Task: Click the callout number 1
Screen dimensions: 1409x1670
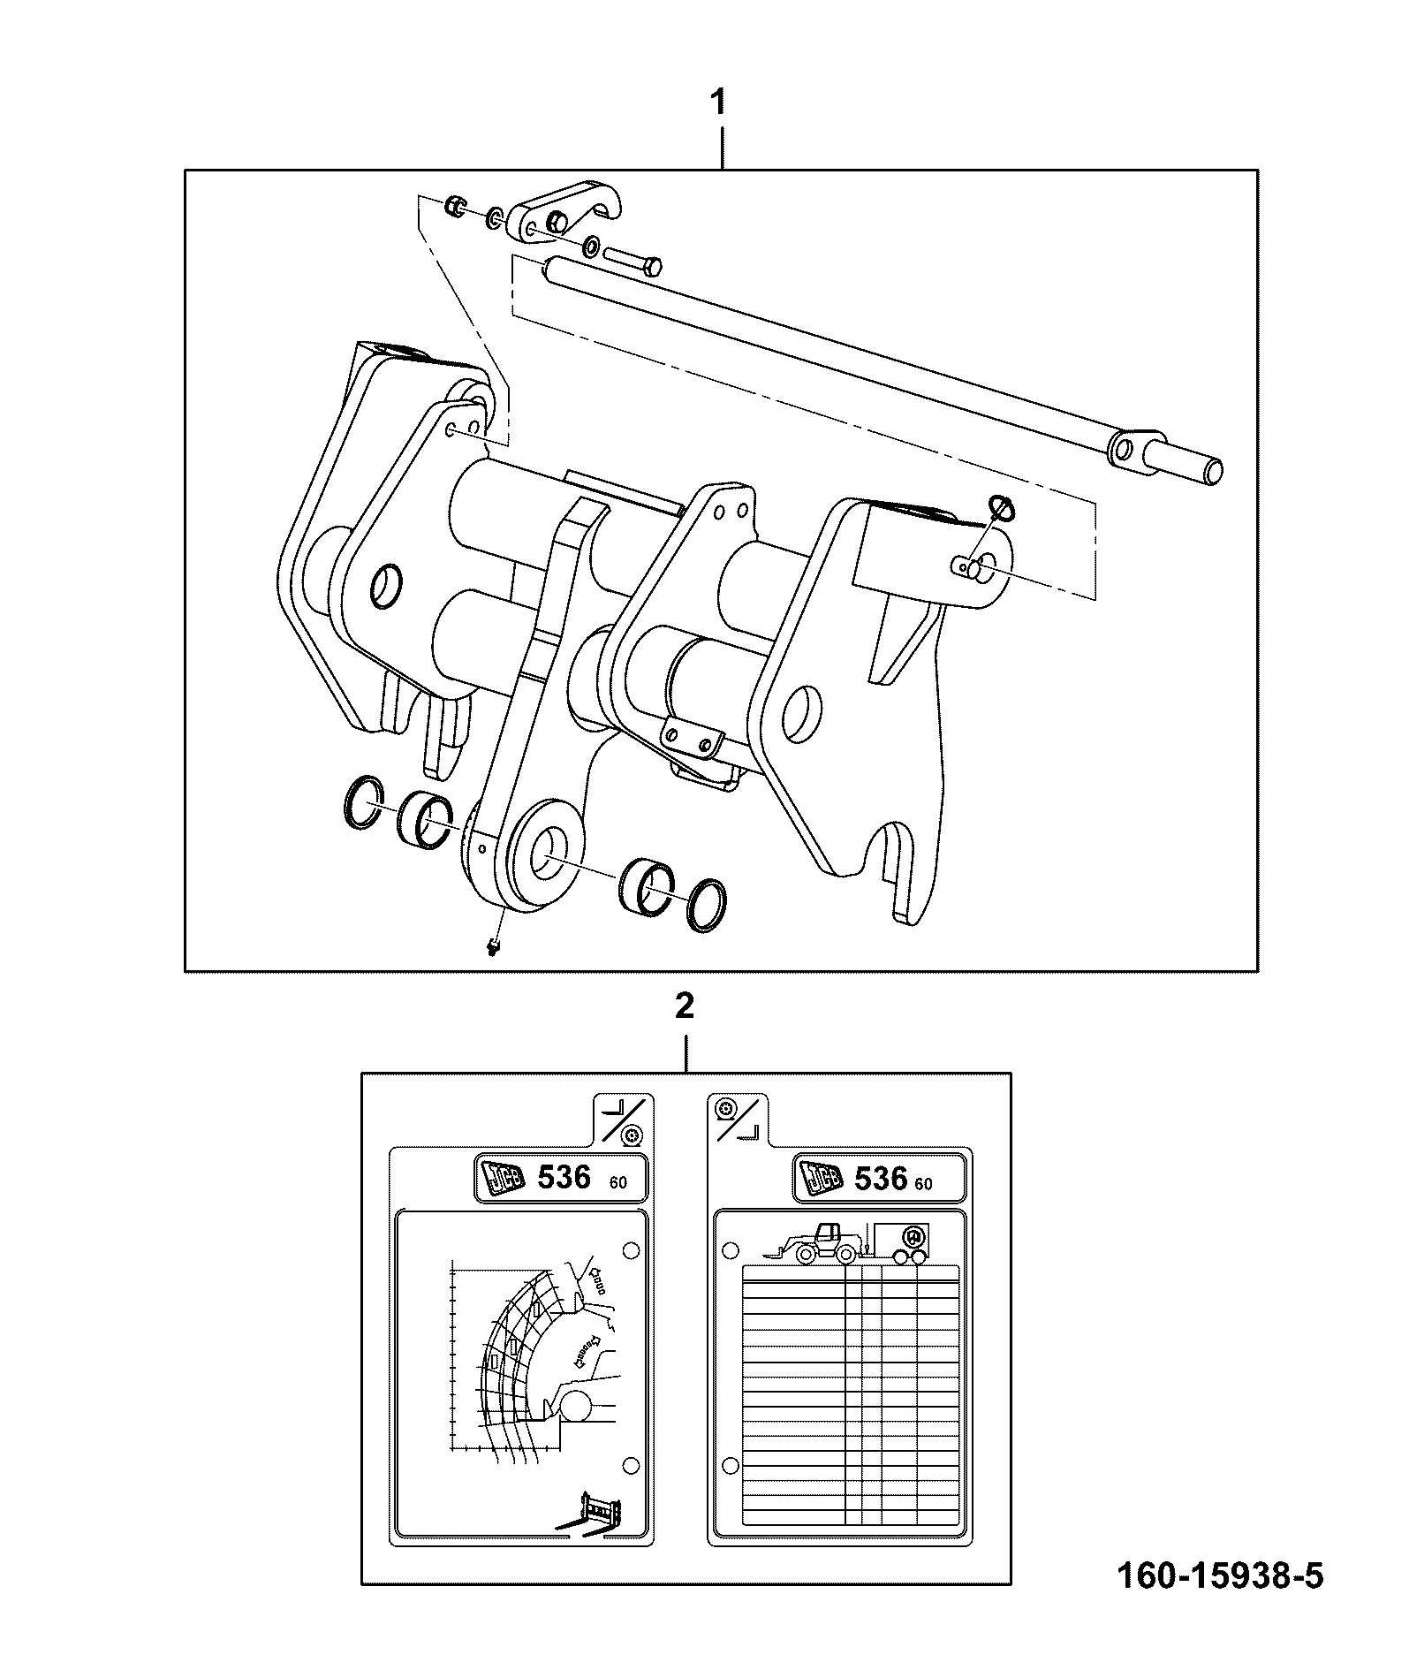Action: [720, 102]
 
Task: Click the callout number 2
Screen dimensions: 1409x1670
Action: [684, 1006]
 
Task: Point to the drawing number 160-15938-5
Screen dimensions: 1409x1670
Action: [1220, 1575]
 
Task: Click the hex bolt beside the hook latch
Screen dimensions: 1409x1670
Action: [633, 260]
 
